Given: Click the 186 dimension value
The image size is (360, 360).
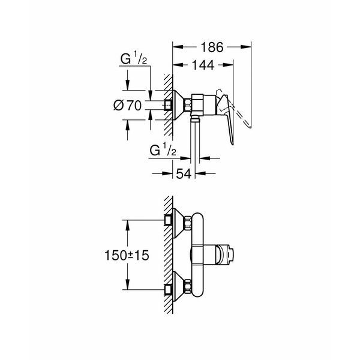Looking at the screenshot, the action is (212, 47).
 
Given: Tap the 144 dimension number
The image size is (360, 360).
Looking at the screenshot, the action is (203, 65).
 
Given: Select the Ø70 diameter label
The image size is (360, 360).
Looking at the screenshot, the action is (128, 106).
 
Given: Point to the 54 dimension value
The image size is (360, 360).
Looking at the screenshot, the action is (184, 174).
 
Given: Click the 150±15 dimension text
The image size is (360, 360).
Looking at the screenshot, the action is (127, 256).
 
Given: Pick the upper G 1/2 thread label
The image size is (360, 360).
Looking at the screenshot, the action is (133, 58).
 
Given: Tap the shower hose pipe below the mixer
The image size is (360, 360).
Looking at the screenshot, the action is (195, 140).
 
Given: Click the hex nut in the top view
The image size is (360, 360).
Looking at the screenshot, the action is (187, 105).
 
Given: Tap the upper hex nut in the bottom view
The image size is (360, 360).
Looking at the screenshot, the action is (187, 223).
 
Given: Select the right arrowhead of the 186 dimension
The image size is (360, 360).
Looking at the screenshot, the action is (245, 47).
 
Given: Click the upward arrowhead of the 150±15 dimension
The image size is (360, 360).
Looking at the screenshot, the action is (128, 226).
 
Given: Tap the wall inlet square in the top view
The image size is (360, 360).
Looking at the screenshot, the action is (168, 106).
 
